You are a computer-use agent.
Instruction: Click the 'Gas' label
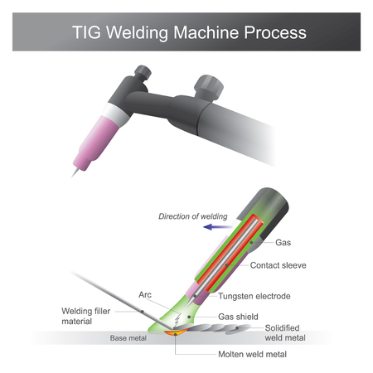coord(282,243)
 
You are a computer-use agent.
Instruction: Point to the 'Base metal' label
coord(127,338)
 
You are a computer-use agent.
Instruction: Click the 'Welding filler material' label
coord(88,317)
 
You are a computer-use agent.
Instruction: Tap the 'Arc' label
coord(144,294)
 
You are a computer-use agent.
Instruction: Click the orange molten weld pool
coord(177,334)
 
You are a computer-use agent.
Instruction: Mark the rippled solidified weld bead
coord(216,332)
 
